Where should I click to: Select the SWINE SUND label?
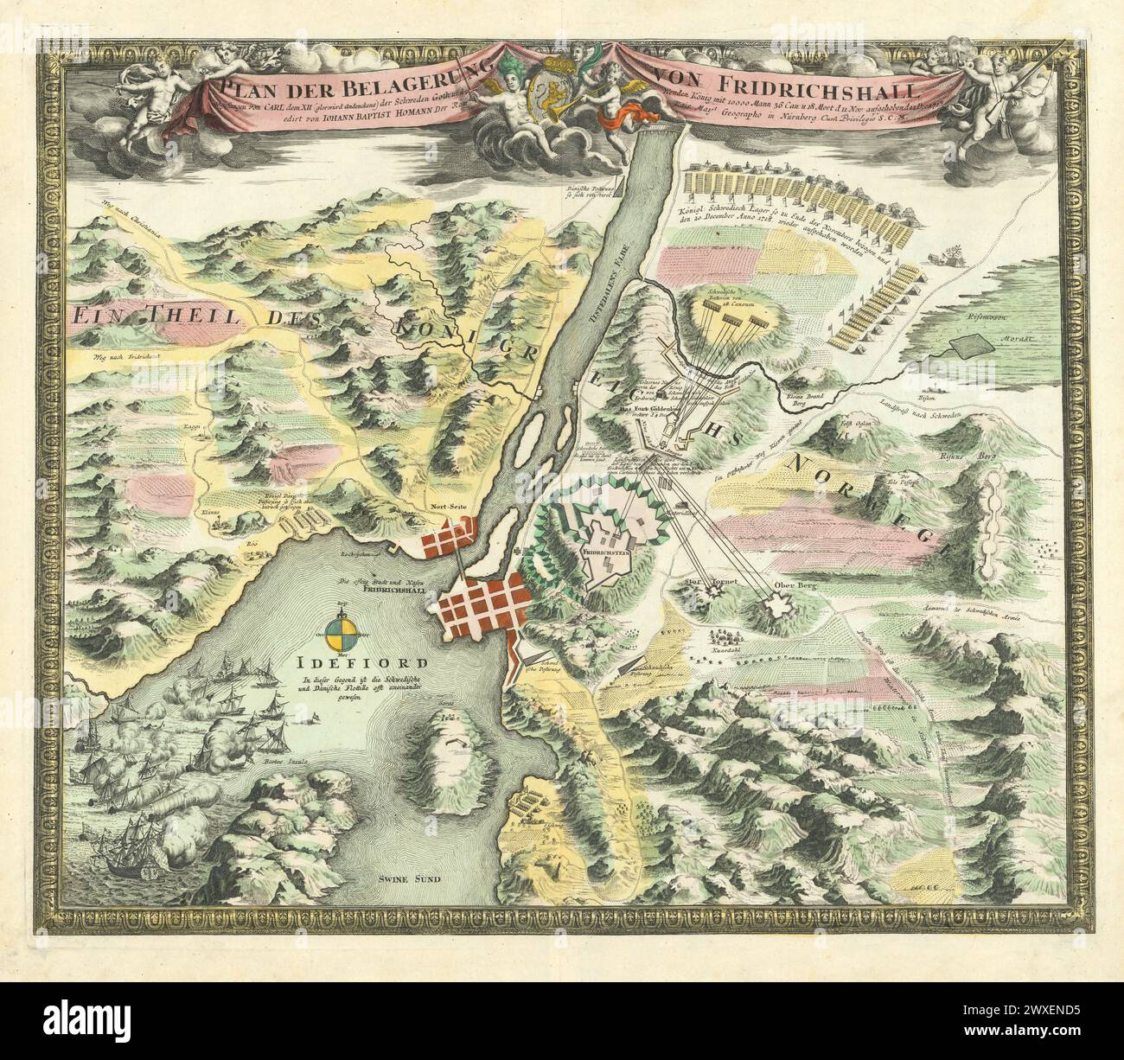coord(409,879)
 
